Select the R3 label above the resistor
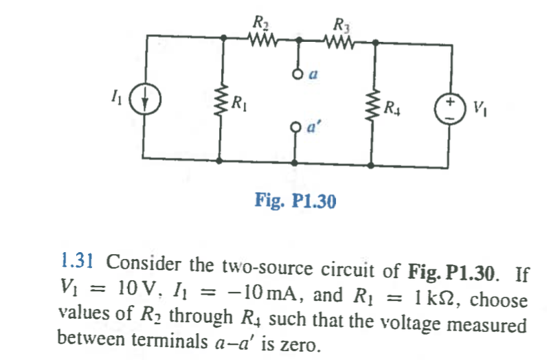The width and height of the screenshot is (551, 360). pyautogui.click(x=340, y=23)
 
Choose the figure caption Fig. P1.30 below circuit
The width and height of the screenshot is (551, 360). pyautogui.click(x=294, y=201)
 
